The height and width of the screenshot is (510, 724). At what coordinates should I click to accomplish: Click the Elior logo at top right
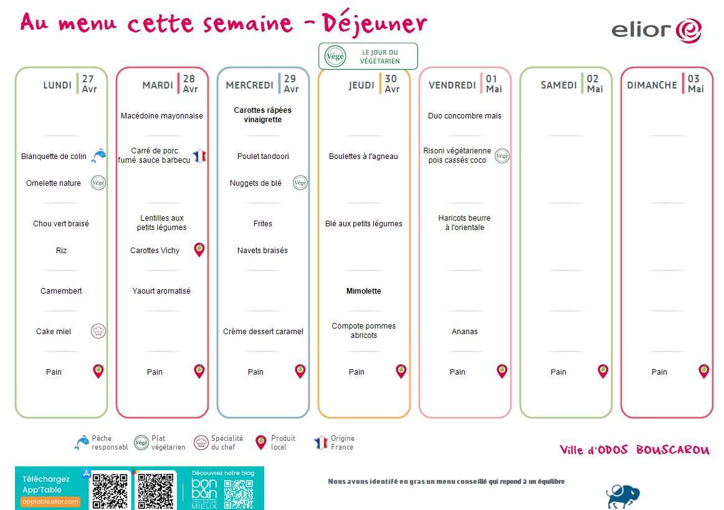pyautogui.click(x=656, y=31)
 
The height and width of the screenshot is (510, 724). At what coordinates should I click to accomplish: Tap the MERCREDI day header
pyautogui.click(x=249, y=85)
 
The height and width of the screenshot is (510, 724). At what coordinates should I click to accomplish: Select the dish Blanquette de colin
pyautogui.click(x=54, y=156)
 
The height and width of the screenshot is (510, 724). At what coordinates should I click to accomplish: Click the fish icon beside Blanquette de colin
pyautogui.click(x=98, y=156)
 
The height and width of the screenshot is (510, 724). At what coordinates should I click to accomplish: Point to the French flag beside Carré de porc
pyautogui.click(x=199, y=156)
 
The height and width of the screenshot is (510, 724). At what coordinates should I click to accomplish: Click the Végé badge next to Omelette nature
pyautogui.click(x=98, y=183)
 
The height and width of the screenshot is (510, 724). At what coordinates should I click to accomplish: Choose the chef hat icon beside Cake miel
pyautogui.click(x=98, y=331)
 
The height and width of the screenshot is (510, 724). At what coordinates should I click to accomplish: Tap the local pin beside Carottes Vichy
pyautogui.click(x=199, y=249)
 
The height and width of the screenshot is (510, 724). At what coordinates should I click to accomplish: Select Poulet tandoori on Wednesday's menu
pyautogui.click(x=263, y=156)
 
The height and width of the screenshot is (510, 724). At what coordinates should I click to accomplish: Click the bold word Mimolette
pyautogui.click(x=364, y=291)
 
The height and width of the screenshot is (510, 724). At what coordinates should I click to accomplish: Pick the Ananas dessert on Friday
pyautogui.click(x=465, y=332)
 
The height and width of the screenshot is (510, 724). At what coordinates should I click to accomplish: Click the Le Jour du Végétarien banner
pyautogui.click(x=368, y=56)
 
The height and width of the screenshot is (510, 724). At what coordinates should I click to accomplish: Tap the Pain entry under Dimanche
pyautogui.click(x=659, y=372)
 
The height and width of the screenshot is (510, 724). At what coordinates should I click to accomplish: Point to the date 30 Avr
pyautogui.click(x=392, y=84)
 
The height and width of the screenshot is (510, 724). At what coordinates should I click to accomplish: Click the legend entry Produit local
pyautogui.click(x=275, y=443)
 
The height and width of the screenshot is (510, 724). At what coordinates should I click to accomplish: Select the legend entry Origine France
pyautogui.click(x=335, y=443)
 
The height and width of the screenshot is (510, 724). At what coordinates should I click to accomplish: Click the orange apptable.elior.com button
pyautogui.click(x=50, y=502)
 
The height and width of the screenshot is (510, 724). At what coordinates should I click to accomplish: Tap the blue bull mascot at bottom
pyautogui.click(x=623, y=497)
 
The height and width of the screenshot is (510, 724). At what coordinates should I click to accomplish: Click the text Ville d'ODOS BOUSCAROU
pyautogui.click(x=634, y=450)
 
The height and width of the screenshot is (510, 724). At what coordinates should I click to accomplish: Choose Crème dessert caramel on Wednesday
pyautogui.click(x=263, y=332)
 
